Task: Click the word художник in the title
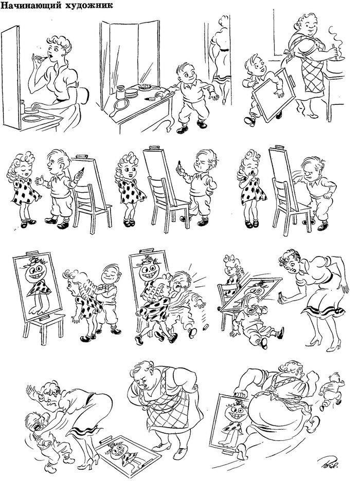[x=89, y=5]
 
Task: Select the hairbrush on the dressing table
[x=147, y=87]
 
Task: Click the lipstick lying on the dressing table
[x=150, y=99]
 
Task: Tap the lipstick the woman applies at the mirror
[x=42, y=58]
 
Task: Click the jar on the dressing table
[x=121, y=92]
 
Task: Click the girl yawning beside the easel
[x=252, y=189]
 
